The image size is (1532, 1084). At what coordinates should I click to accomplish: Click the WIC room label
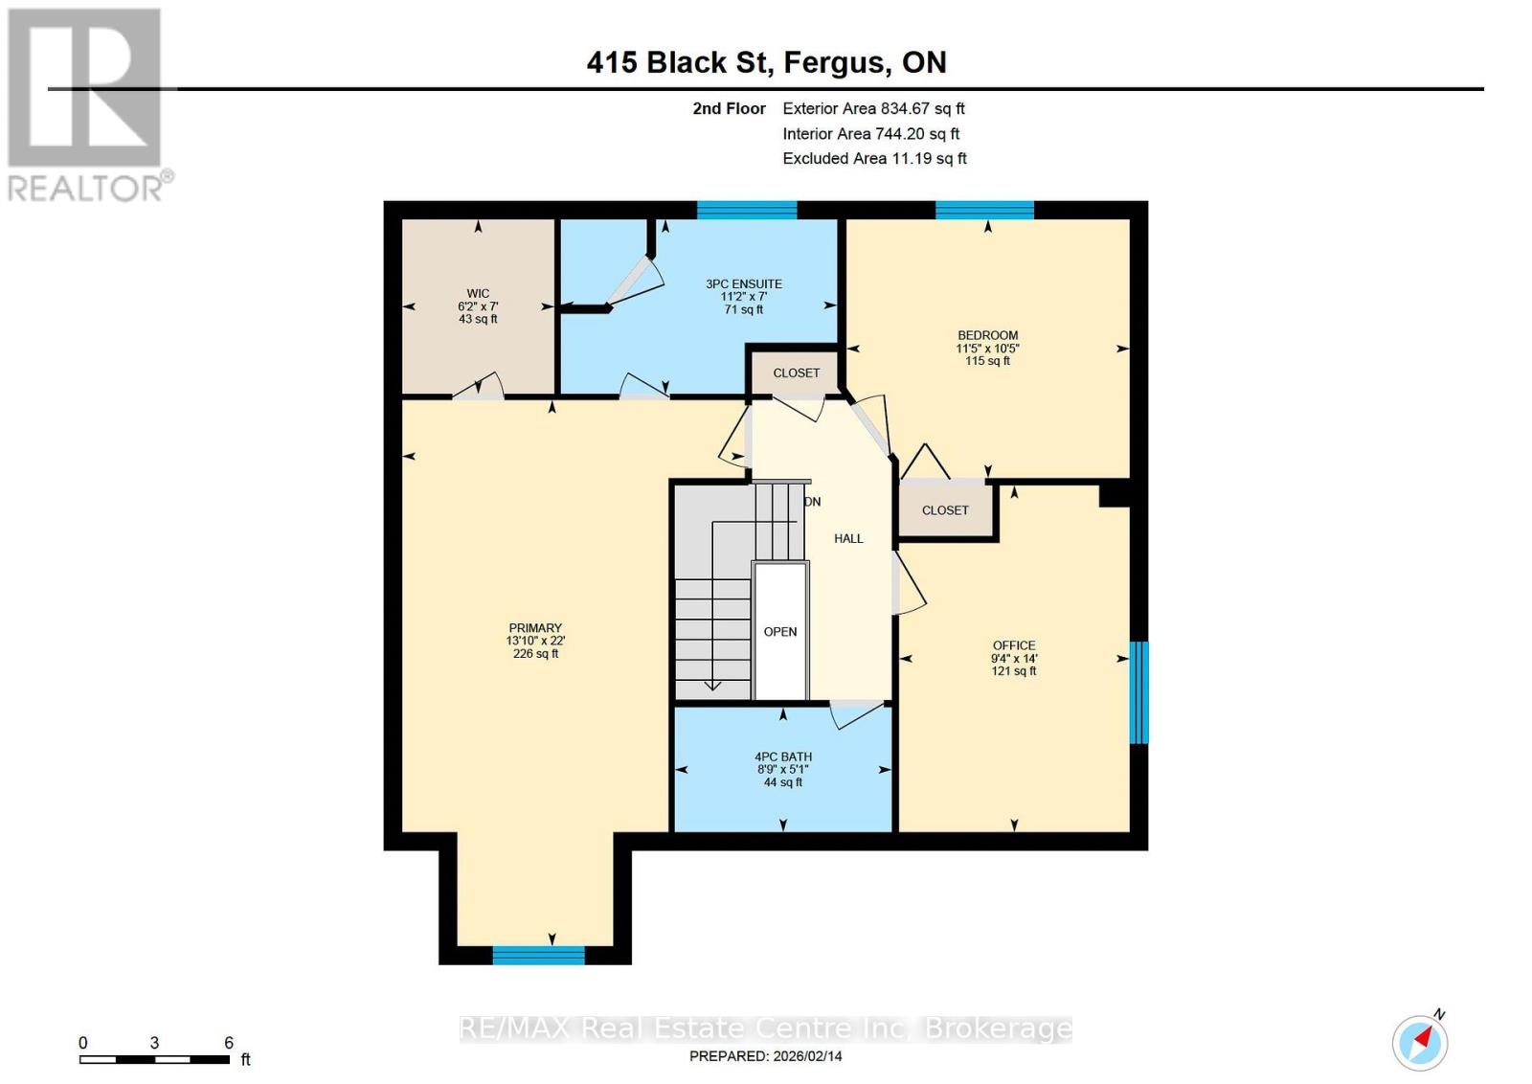(478, 295)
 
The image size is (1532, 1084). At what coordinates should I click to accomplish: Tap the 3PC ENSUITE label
(744, 284)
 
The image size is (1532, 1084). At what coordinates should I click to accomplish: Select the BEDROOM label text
(987, 336)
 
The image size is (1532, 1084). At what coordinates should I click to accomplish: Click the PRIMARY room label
(535, 629)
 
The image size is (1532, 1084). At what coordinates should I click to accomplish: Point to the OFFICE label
(1014, 646)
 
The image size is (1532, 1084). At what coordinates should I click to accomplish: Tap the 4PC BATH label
(783, 757)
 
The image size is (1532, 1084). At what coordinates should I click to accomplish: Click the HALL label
(848, 539)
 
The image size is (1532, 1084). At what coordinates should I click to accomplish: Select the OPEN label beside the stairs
(780, 632)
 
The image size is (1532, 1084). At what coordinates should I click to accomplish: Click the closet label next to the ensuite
(797, 373)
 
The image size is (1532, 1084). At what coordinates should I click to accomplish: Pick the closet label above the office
(945, 510)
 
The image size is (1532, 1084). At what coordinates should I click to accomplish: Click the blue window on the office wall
(1138, 692)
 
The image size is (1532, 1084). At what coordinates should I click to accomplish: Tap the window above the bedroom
(984, 210)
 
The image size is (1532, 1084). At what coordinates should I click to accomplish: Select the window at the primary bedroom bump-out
(538, 955)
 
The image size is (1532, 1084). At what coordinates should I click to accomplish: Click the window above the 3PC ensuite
(747, 210)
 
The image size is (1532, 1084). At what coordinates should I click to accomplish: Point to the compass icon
(1420, 1042)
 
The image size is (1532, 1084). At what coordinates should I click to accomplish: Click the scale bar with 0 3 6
(154, 1059)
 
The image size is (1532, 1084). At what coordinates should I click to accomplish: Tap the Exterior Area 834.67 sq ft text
(873, 109)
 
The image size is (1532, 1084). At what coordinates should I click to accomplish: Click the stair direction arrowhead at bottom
(712, 685)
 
